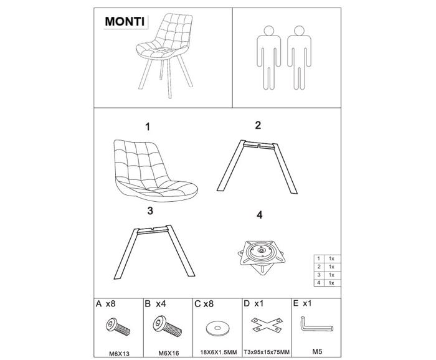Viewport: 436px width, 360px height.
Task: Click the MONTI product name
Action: coord(125,21)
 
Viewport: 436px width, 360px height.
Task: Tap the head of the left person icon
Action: coord(268,31)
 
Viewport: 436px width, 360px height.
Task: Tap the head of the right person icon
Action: coord(299,31)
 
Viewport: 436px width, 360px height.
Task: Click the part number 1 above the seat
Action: coord(148,127)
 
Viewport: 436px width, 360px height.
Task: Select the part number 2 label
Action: coord(258,125)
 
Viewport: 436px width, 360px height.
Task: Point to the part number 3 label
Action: coord(150,211)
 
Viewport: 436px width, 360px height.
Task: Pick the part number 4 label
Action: coord(259,215)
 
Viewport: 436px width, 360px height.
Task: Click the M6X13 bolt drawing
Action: coord(118,326)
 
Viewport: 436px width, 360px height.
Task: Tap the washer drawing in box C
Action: coord(218,328)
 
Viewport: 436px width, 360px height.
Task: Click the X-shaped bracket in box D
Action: coord(267,324)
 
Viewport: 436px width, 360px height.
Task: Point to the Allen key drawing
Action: coord(316,326)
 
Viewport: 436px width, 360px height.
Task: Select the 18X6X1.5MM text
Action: coord(219,353)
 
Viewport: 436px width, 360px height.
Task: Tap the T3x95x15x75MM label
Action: coord(267,353)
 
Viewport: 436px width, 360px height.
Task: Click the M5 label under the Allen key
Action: coord(317,351)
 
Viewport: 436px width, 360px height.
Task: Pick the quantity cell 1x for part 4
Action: coord(331,283)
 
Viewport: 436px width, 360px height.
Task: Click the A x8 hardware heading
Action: coord(105,304)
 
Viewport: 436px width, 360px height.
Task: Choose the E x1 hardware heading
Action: coord(302,303)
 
